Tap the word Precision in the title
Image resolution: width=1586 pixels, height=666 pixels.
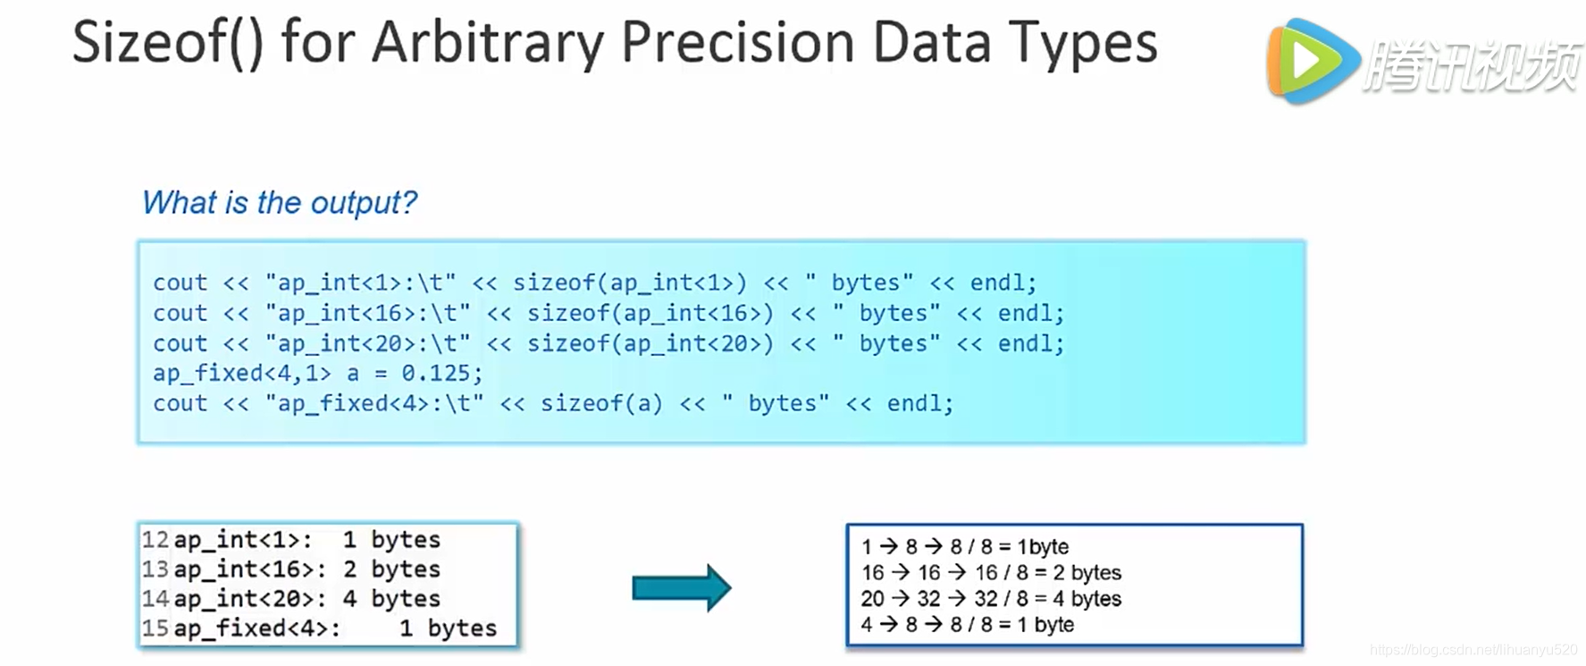point(738,43)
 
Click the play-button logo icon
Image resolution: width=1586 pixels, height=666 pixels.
point(1311,61)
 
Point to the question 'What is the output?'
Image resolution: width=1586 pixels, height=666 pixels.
point(279,203)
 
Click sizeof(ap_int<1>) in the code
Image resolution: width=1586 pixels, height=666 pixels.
point(629,282)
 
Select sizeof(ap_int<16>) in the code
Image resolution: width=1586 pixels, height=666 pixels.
point(650,313)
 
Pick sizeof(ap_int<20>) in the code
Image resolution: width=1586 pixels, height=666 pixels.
point(650,343)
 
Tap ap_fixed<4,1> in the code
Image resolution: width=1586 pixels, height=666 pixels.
point(241,373)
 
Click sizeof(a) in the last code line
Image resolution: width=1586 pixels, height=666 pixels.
point(601,403)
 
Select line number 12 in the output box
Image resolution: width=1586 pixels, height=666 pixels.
point(155,540)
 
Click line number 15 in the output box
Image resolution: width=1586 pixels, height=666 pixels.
point(155,628)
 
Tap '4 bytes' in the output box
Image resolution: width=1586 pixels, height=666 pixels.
point(391,599)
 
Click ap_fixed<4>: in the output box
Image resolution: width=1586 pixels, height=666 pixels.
point(256,628)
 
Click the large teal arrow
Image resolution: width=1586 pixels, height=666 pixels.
point(681,587)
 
